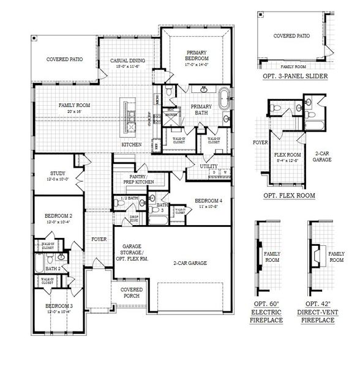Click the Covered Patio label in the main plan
coord(65,60)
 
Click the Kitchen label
coord(132,144)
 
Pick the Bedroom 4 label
coord(209,204)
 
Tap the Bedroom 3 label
coord(59,308)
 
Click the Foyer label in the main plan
coord(99,239)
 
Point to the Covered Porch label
coord(132,292)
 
